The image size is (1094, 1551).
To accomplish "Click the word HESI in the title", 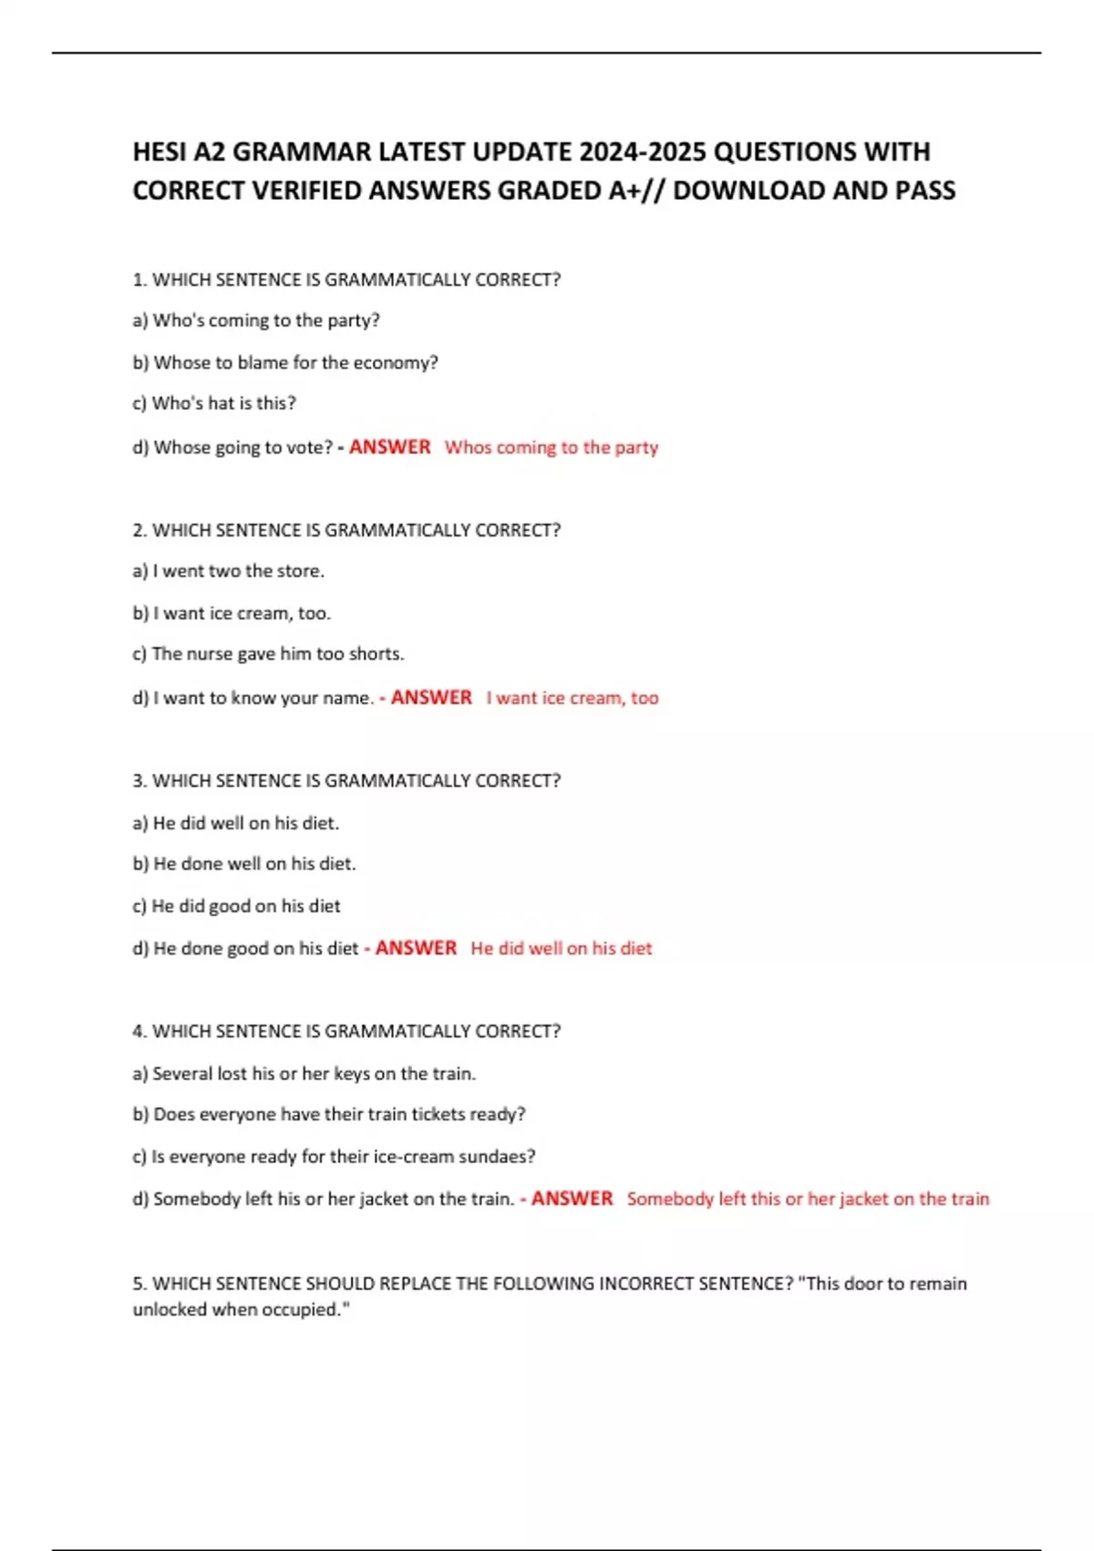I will pyautogui.click(x=160, y=151).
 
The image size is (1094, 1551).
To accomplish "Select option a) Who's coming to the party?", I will pyautogui.click(x=256, y=320).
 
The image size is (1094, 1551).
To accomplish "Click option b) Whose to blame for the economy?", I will pyautogui.click(x=285, y=362).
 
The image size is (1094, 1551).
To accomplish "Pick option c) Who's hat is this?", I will pyautogui.click(x=214, y=403).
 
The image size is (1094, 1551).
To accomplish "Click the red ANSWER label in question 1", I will pyautogui.click(x=389, y=447).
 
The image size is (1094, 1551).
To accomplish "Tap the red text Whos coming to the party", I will pyautogui.click(x=551, y=447).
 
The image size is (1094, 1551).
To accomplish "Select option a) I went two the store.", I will pyautogui.click(x=228, y=571).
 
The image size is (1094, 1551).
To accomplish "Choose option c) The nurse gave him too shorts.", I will pyautogui.click(x=268, y=654).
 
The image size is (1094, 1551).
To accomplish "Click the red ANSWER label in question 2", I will pyautogui.click(x=431, y=698).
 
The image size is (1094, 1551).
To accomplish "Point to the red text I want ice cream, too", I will pyautogui.click(x=572, y=698).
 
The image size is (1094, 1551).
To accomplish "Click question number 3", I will pyautogui.click(x=139, y=781).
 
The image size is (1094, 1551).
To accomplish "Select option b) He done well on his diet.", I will pyautogui.click(x=244, y=864).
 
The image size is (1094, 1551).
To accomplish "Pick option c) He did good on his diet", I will pyautogui.click(x=236, y=906).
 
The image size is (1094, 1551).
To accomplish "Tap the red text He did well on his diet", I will pyautogui.click(x=561, y=949).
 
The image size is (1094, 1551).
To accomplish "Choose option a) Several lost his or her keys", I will pyautogui.click(x=304, y=1074).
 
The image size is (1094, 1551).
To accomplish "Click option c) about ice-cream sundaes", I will pyautogui.click(x=334, y=1157).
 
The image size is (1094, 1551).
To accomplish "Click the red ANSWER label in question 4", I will pyautogui.click(x=572, y=1199).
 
